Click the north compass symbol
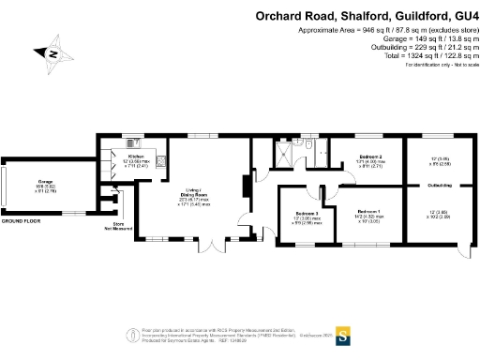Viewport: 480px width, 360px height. (52, 55)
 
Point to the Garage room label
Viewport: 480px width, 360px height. (45, 183)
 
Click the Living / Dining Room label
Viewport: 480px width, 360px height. (196, 192)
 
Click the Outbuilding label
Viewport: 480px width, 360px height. (440, 186)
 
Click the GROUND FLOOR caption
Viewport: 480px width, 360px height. (21, 220)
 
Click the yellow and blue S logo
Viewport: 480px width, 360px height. (343, 333)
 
